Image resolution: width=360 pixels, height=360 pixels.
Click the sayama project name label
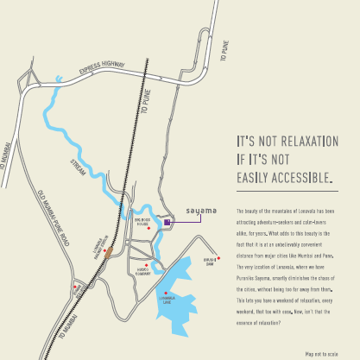pyautogui.click(x=201, y=210)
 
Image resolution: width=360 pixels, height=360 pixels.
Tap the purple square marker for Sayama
pyautogui.click(x=167, y=223)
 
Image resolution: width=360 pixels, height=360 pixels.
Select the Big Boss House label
pyautogui.click(x=142, y=221)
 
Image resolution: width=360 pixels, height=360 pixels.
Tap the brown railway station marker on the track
pyautogui.click(x=109, y=252)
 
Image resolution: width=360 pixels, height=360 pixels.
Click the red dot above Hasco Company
pyautogui.click(x=148, y=266)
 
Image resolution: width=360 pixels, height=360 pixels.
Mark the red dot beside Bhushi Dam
pyautogui.click(x=218, y=256)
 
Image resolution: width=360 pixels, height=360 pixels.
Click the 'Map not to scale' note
pyautogui.click(x=319, y=353)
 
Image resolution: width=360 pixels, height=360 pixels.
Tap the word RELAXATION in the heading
pyautogui.click(x=304, y=142)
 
